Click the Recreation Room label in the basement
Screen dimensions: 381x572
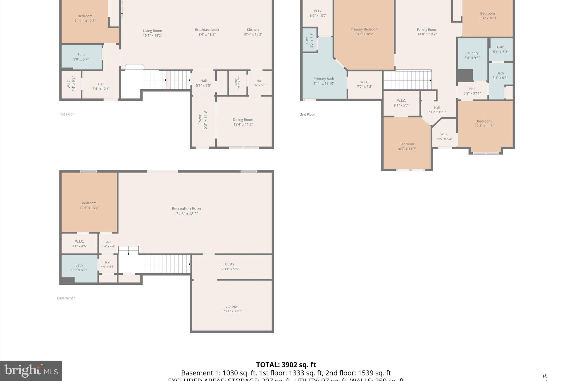[187, 209]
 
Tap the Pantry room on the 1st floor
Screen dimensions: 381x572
[237, 82]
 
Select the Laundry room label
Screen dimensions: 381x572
[472, 53]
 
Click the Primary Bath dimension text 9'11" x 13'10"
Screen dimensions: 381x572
[324, 83]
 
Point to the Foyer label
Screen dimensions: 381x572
[200, 119]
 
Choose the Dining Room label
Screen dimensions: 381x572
[243, 120]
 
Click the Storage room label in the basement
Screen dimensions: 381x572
[232, 306]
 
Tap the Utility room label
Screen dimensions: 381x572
[229, 264]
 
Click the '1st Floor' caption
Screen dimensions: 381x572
[67, 114]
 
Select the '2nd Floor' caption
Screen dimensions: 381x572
[308, 114]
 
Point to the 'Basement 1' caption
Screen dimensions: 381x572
[66, 298]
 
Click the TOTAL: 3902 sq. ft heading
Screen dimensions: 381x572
[286, 365]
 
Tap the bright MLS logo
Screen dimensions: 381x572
[31, 371]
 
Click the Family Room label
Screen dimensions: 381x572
[427, 30]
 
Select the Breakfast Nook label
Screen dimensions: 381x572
[207, 30]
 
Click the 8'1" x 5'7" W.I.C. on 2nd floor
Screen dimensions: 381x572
[401, 103]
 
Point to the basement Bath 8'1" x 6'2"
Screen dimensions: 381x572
[79, 267]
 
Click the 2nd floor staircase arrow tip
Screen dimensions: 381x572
[431, 80]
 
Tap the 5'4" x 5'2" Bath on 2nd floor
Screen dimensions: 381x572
[500, 49]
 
